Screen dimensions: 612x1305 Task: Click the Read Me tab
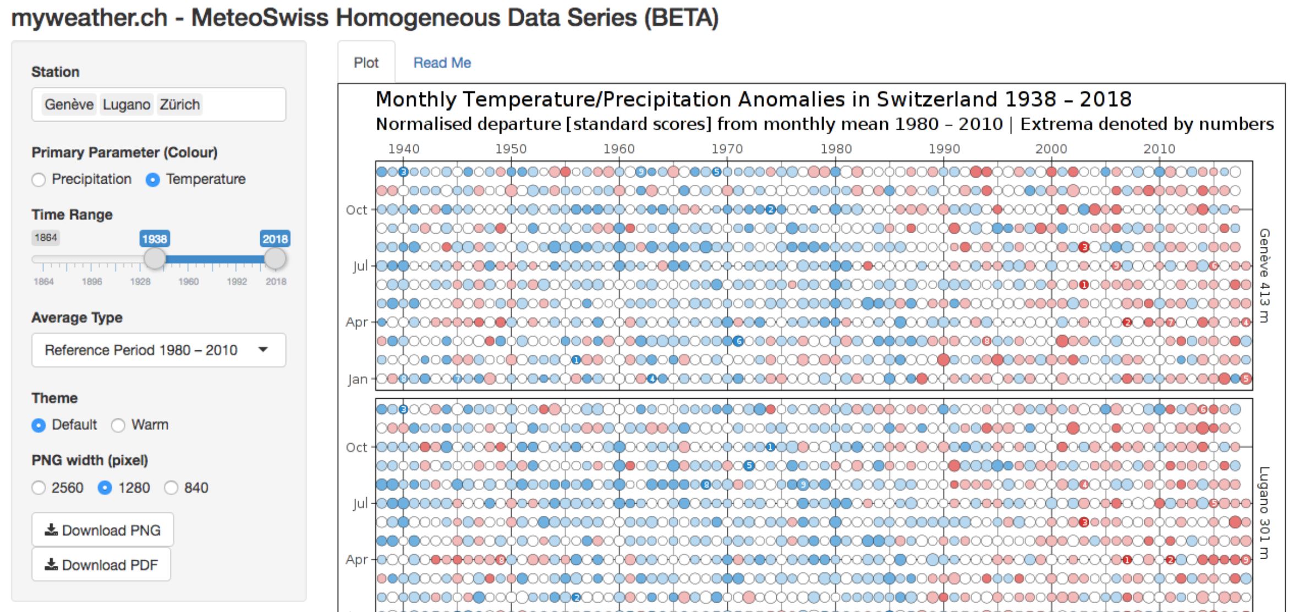[442, 63]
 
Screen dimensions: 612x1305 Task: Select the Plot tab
[366, 63]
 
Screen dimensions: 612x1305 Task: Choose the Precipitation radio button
[39, 180]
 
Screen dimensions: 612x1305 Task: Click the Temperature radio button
[153, 180]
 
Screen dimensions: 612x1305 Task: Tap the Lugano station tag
[126, 104]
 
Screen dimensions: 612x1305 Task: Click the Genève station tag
[69, 104]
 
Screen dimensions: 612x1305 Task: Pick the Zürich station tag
[179, 104]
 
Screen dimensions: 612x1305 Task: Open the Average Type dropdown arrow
[263, 350]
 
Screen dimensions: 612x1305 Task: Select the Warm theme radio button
[118, 426]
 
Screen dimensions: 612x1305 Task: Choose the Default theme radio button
[39, 426]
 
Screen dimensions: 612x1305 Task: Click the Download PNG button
[103, 530]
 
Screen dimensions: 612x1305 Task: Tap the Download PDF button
[102, 565]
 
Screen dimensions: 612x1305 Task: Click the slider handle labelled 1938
[155, 258]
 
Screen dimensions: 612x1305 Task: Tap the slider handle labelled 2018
[275, 258]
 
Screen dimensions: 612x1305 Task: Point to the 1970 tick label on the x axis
[727, 149]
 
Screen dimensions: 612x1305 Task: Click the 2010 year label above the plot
[1159, 149]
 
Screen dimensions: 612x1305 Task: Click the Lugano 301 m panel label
[1264, 512]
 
